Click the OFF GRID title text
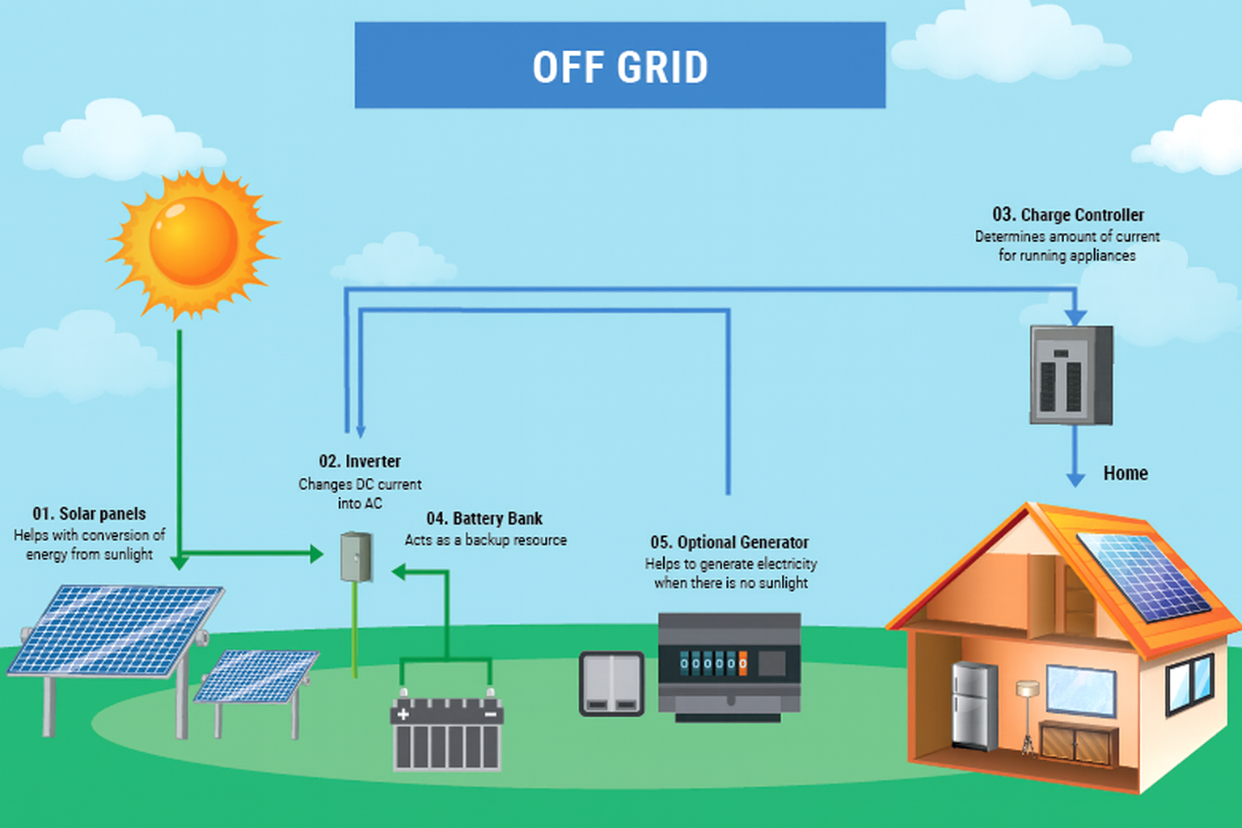click(620, 67)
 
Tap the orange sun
click(193, 242)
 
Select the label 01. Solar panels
click(89, 514)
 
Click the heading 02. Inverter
click(360, 462)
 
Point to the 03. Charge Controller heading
click(1067, 215)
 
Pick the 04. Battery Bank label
click(484, 519)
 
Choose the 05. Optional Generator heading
click(729, 543)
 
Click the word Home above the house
click(1125, 474)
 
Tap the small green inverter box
click(356, 556)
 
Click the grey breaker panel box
click(1071, 375)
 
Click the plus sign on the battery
click(403, 714)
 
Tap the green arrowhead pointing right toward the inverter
click(316, 554)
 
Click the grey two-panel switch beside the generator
click(611, 684)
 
